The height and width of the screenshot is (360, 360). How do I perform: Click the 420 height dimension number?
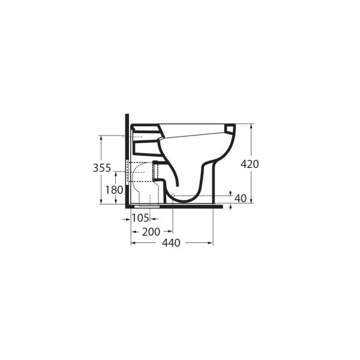(x=250, y=164)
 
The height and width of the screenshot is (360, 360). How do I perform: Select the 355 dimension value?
(x=102, y=168)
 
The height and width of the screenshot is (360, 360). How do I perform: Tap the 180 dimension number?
(x=114, y=190)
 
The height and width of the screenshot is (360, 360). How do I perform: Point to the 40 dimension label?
(x=241, y=199)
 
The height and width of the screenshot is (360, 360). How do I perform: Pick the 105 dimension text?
(x=140, y=218)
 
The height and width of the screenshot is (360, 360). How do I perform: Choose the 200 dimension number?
(x=151, y=232)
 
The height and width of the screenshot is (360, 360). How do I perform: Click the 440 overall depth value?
(x=171, y=243)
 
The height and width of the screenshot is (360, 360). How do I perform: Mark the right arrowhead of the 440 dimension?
(x=211, y=243)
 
